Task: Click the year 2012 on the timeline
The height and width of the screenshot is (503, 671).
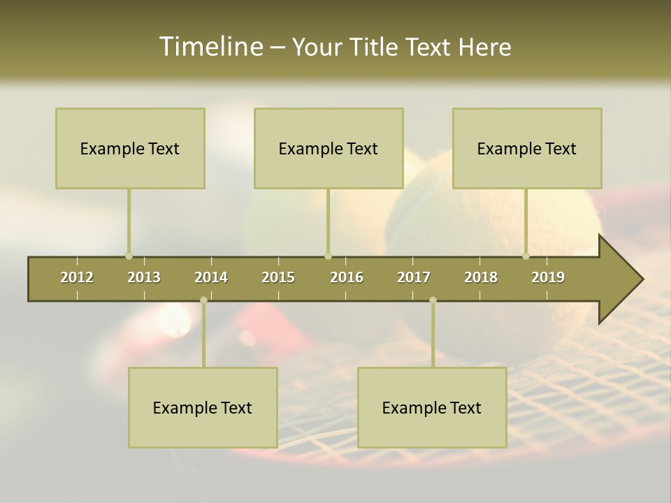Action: [77, 277]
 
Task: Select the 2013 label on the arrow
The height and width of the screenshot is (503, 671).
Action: [144, 277]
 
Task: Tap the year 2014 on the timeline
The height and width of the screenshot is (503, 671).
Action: [211, 277]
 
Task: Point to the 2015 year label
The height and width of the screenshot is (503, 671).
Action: [278, 277]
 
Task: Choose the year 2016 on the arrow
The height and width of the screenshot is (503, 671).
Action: [347, 277]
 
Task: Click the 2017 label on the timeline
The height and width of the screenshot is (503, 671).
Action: [414, 277]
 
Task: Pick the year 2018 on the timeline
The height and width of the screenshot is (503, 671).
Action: [481, 277]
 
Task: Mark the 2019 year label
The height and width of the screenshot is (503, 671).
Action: [548, 277]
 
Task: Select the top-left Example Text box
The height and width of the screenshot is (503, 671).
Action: [130, 148]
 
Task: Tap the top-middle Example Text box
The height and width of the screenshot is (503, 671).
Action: [329, 148]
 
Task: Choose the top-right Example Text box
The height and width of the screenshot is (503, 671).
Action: [527, 148]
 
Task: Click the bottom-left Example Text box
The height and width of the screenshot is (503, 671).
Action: [203, 407]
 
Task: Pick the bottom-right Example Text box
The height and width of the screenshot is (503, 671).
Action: [432, 407]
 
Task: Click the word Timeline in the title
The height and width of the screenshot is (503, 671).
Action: [210, 46]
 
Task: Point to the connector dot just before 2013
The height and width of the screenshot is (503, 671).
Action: [129, 256]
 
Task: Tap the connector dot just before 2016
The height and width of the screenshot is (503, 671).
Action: [328, 256]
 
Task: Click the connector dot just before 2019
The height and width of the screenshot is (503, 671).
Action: [526, 256]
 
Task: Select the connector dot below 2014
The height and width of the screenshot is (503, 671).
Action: [203, 300]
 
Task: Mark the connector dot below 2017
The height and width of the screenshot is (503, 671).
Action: [433, 300]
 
